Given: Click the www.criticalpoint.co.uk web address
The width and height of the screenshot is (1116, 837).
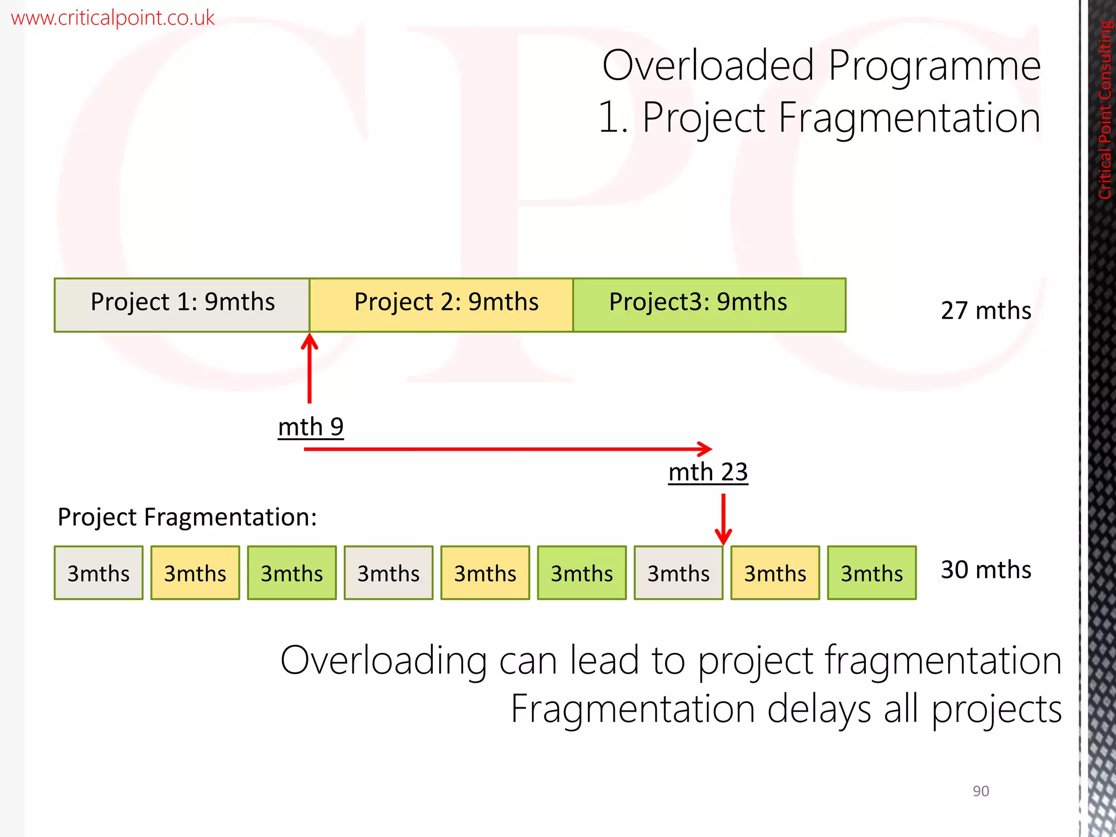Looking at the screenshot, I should [x=112, y=17].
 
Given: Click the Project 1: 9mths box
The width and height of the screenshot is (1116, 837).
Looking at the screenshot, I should [x=182, y=304].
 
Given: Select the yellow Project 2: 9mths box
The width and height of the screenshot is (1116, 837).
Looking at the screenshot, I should [x=441, y=304].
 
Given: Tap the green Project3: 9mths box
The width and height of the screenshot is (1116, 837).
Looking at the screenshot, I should [x=709, y=304].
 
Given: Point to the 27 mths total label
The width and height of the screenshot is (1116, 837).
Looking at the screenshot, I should [x=985, y=311].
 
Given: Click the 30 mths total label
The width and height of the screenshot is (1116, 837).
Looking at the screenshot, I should [x=985, y=570].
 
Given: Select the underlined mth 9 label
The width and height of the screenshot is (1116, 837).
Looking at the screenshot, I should [x=311, y=427].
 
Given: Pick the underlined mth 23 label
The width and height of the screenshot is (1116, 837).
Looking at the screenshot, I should [x=708, y=472].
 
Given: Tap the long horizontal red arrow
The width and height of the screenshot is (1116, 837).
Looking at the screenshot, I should [x=507, y=449].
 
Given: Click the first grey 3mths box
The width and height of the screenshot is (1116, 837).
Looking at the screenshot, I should [x=99, y=573].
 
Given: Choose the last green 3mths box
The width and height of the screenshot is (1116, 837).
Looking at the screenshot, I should [x=871, y=573].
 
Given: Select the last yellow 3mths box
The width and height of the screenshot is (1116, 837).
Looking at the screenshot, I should [x=775, y=573].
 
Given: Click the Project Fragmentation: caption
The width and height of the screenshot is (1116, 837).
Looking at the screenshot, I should [x=187, y=517].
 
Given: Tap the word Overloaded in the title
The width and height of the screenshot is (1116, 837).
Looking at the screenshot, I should [x=708, y=65].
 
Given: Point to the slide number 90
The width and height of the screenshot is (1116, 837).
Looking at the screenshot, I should [x=980, y=791].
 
